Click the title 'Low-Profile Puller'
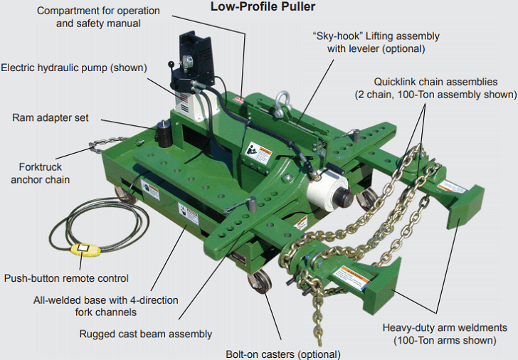click(x=263, y=6)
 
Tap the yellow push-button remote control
click(x=85, y=250)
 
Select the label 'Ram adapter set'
click(x=51, y=117)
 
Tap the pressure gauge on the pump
click(x=187, y=61)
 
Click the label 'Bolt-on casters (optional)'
click(x=282, y=354)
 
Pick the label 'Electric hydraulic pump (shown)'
click(x=74, y=68)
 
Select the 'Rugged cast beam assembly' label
click(x=146, y=334)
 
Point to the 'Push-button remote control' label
click(x=66, y=278)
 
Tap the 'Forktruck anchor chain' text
click(x=40, y=173)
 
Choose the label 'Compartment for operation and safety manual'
click(x=98, y=17)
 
